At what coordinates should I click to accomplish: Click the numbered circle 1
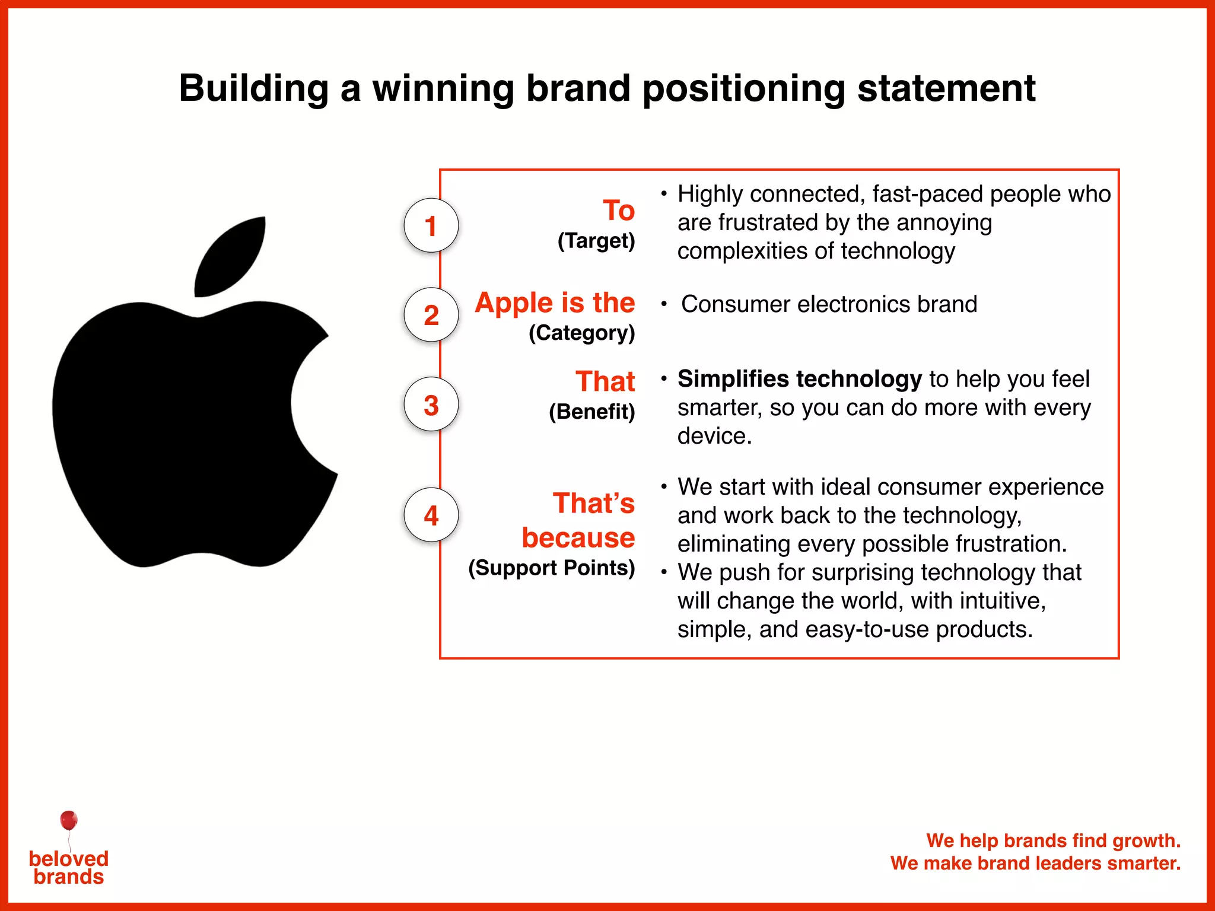[431, 225]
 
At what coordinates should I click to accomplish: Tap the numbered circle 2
[431, 315]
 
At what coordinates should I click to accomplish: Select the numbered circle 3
[431, 404]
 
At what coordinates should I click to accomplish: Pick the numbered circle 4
[431, 515]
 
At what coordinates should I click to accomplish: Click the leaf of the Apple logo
[231, 256]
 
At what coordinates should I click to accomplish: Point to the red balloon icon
[69, 820]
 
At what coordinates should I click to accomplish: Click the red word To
[618, 211]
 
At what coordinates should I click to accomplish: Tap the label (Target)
[596, 241]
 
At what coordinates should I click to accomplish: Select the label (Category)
[581, 333]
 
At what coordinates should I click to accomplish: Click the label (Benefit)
[591, 411]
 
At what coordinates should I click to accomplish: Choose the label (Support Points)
[551, 568]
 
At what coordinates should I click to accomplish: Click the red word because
[578, 537]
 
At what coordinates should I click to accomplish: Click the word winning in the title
[443, 88]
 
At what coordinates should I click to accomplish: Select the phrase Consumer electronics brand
[829, 304]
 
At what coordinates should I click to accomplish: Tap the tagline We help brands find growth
[1053, 840]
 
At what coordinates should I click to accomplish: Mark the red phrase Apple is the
[555, 302]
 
